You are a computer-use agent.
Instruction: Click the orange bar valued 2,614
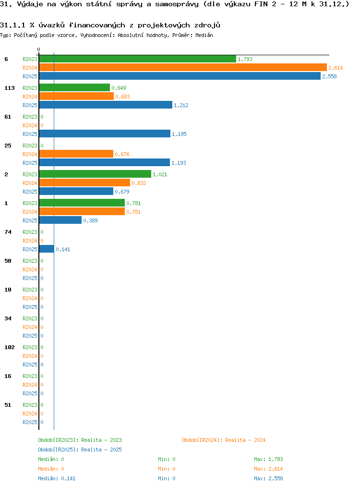183,67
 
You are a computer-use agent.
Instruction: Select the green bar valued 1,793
137,59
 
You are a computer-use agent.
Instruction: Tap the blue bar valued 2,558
180,76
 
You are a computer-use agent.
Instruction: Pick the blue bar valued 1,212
106,105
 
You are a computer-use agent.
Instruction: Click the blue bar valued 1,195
105,134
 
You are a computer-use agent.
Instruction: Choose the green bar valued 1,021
95,174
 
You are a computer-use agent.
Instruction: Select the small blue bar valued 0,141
47,249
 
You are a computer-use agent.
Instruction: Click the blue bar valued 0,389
60,220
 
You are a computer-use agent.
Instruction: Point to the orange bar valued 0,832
85,183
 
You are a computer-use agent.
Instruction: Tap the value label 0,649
119,88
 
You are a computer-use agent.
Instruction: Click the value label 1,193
179,163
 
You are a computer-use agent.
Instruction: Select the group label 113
9,88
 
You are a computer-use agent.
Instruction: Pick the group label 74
8,232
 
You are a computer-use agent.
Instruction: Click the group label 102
9,347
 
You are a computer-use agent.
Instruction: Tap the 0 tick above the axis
38,49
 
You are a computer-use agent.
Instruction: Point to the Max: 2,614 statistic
268,469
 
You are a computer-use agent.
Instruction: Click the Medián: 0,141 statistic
57,478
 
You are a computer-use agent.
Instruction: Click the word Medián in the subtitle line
204,35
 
